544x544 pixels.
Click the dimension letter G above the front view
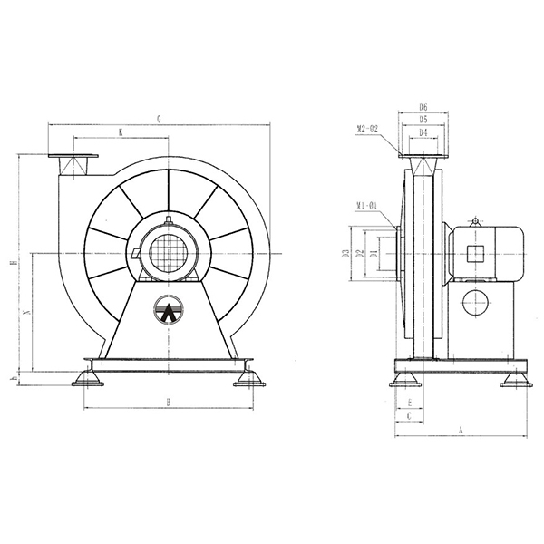click(x=160, y=118)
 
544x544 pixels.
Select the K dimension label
click(x=121, y=132)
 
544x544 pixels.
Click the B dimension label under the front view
click(x=168, y=401)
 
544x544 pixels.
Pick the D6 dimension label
click(x=423, y=107)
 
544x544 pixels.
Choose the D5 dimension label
click(x=423, y=120)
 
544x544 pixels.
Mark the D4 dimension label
click(x=423, y=132)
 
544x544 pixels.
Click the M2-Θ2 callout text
click(x=372, y=129)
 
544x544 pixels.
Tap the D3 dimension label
click(x=346, y=254)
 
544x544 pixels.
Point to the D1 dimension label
click(x=373, y=254)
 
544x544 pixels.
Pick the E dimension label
click(x=411, y=402)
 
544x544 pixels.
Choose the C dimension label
click(x=411, y=415)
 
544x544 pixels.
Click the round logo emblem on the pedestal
click(x=168, y=310)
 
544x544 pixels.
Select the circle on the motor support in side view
click(x=475, y=303)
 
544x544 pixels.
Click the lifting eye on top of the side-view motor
click(x=474, y=220)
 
